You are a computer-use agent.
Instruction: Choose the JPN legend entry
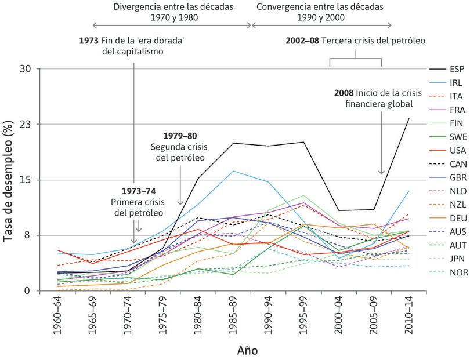tap(447, 257)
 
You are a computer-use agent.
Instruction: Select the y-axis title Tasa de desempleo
tap(9, 180)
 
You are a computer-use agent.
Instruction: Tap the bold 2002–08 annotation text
tap(303, 41)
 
